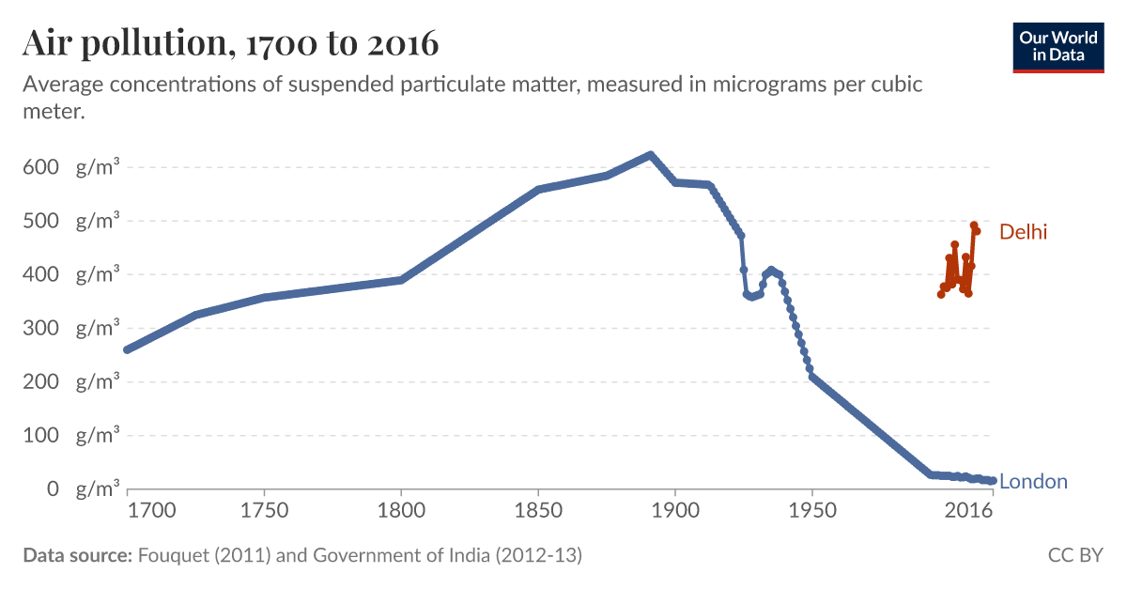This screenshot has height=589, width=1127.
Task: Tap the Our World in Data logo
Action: click(1058, 46)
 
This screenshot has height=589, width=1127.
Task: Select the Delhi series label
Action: click(1023, 232)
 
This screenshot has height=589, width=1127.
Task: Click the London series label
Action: click(1033, 482)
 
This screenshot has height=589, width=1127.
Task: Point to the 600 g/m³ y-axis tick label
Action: click(72, 168)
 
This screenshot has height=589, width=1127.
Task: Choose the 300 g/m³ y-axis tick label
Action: click(72, 329)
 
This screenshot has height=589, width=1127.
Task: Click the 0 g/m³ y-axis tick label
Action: click(72, 489)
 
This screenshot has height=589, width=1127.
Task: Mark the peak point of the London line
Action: click(650, 155)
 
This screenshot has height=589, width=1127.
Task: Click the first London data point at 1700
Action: click(128, 349)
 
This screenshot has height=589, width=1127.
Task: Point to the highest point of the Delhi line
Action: click(974, 225)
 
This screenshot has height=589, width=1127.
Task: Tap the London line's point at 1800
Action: click(401, 280)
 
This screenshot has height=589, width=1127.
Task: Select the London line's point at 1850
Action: click(538, 190)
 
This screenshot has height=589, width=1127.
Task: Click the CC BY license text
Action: click(1075, 555)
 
